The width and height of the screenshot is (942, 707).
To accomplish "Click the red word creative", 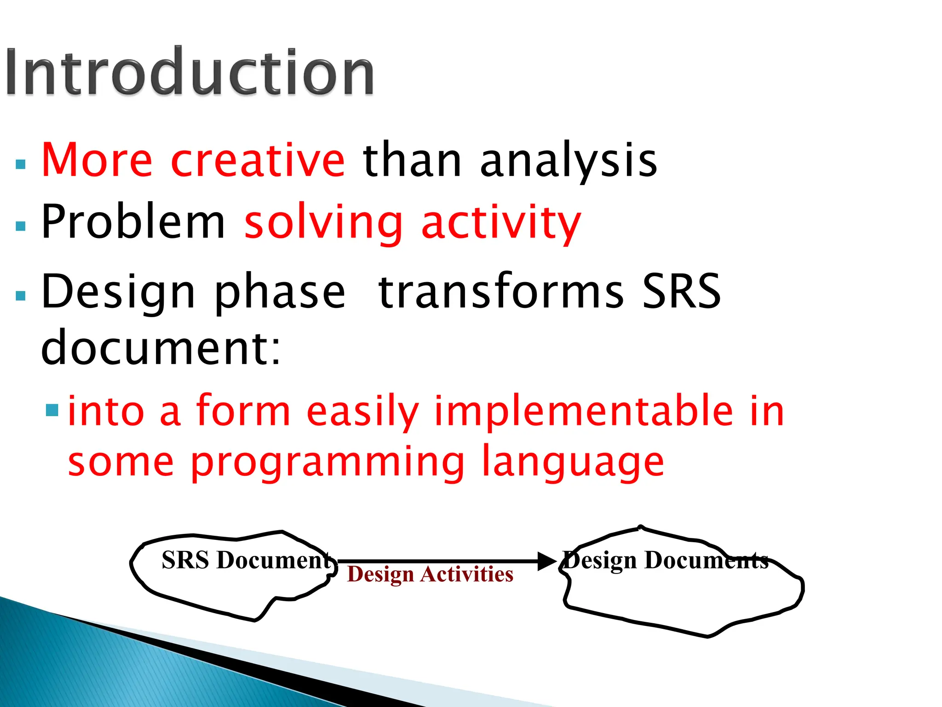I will pos(258,160).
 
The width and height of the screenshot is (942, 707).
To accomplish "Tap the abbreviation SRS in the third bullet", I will pos(681,291).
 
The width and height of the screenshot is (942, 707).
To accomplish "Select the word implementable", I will pos(584,412).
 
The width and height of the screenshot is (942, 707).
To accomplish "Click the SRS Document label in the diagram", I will pos(246,560).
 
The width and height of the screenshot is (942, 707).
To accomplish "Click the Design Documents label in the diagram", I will pos(666,560).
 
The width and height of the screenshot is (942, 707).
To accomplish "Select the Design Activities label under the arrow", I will pos(430,574).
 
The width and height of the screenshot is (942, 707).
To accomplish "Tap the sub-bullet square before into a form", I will pos(52,410).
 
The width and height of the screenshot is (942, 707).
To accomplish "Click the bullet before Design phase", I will pos(21,296).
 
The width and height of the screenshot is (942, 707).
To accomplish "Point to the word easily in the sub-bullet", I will pos(362,412).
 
